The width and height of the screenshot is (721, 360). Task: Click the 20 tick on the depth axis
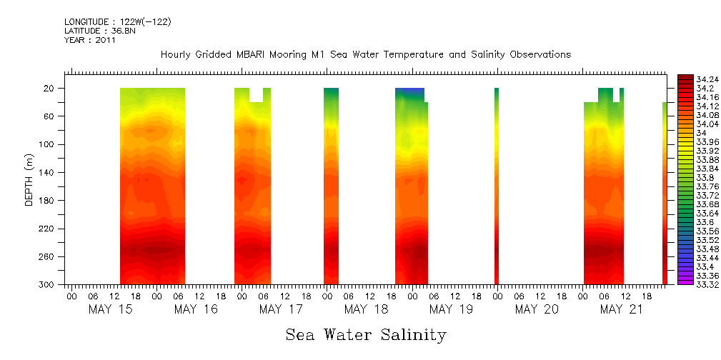click(x=50, y=89)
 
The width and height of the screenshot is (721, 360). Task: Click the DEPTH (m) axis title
click(x=29, y=179)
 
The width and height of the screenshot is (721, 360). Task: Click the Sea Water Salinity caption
click(x=366, y=335)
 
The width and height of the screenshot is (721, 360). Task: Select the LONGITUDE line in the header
click(x=117, y=22)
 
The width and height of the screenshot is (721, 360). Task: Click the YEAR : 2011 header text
click(x=90, y=40)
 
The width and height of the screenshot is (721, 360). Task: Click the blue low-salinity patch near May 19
click(x=409, y=92)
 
